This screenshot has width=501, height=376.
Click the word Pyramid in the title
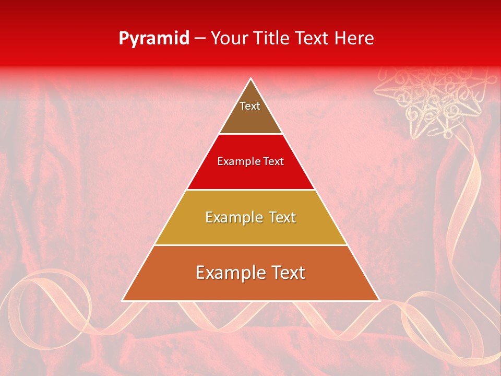pos(154,39)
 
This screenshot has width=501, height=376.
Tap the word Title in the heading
pos(272,38)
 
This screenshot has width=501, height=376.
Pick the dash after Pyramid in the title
pos(200,39)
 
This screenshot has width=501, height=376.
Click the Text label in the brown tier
pos(250,106)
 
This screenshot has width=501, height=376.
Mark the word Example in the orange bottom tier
pos(229,273)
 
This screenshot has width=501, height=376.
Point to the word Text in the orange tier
pos(285,273)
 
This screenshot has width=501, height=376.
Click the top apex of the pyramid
pos(250,79)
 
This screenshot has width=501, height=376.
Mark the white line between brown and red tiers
pos(250,134)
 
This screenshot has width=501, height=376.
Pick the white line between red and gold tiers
pos(250,190)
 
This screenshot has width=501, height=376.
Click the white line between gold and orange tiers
pos(250,245)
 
